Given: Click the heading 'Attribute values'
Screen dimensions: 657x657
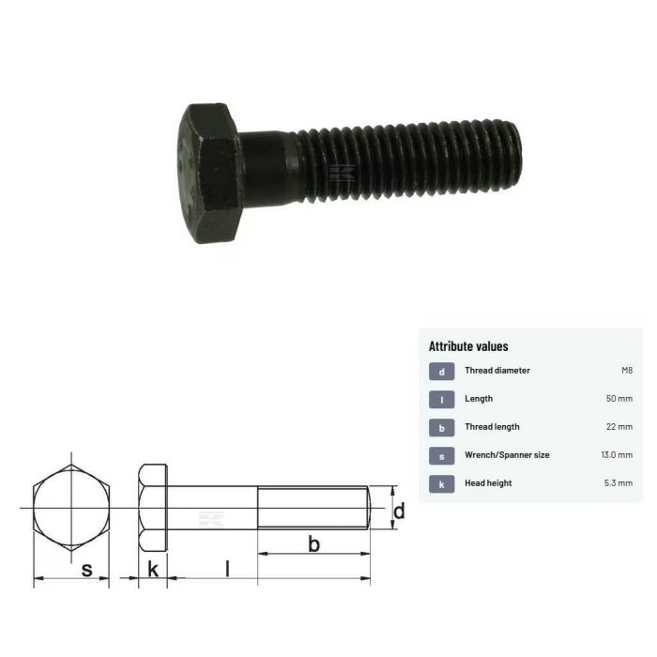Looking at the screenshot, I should (x=468, y=346).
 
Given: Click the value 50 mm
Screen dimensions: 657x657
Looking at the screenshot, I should (x=619, y=399).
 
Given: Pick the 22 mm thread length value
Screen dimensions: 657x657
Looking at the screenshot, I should (x=619, y=427).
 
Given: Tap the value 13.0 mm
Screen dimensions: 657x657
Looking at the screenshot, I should (x=616, y=455).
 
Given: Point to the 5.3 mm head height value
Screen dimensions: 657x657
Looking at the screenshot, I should (x=618, y=483).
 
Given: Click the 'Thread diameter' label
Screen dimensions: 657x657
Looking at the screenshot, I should (x=497, y=371).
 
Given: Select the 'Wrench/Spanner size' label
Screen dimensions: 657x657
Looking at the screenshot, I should (x=507, y=455).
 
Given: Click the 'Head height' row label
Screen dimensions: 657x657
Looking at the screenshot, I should (x=490, y=483).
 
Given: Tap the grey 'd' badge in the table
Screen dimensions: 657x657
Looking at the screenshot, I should (x=441, y=371).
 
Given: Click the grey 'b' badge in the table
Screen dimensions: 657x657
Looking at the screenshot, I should (x=441, y=427).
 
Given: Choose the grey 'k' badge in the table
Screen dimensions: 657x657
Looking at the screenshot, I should (x=441, y=483).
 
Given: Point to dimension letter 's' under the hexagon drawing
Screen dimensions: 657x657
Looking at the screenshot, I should (x=86, y=568).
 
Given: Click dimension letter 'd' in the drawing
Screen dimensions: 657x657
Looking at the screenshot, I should (x=398, y=512).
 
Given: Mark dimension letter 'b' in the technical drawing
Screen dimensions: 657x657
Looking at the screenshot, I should (x=313, y=543).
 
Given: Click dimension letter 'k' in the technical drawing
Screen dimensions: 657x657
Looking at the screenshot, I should (x=152, y=568).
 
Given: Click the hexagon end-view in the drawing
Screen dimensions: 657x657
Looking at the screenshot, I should (x=71, y=508).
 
